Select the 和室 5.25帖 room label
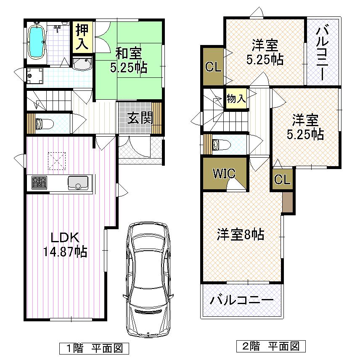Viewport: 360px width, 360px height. pyautogui.click(x=129, y=61)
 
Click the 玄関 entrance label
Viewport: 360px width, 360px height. pyautogui.click(x=140, y=119)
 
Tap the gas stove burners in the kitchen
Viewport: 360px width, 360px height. pyautogui.click(x=39, y=183)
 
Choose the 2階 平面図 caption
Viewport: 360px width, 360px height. pyautogui.click(x=270, y=347)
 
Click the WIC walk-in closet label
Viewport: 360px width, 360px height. pyautogui.click(x=223, y=173)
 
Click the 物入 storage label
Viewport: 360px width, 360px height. pyautogui.click(x=236, y=99)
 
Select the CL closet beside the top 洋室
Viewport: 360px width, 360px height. pyautogui.click(x=213, y=67)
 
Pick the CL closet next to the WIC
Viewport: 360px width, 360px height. pyautogui.click(x=282, y=180)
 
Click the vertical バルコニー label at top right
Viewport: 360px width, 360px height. pyautogui.click(x=323, y=52)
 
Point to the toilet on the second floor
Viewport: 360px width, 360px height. pyautogui.click(x=220, y=145)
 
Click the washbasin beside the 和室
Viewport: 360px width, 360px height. pyautogui.click(x=82, y=64)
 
